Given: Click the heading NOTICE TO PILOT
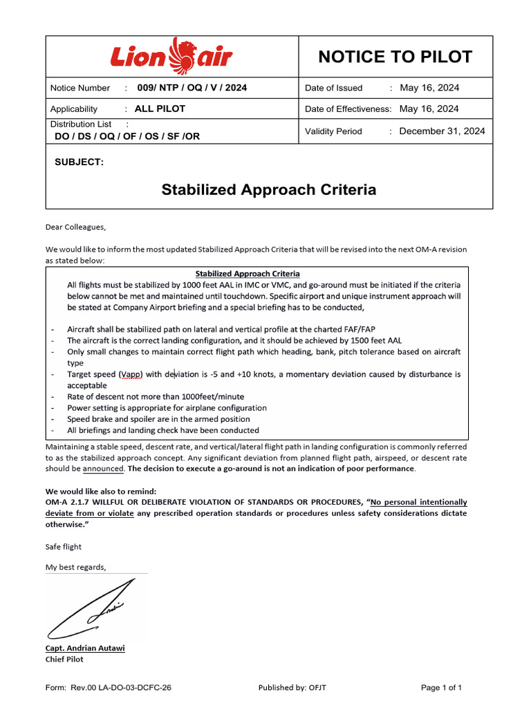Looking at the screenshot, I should tap(395, 57).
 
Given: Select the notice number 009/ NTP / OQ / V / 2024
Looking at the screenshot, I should tap(192, 88).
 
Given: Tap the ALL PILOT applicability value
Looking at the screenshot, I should tap(160, 109).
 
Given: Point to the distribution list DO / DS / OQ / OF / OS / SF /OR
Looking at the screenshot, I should tap(127, 136).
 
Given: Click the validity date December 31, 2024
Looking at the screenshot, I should tap(442, 131).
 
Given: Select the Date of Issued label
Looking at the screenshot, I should tap(333, 88).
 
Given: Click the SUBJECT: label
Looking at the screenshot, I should tap(79, 162).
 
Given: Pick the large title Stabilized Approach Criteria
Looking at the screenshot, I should tap(268, 190).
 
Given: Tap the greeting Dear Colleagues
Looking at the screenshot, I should tap(76, 226).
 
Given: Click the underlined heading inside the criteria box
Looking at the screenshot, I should tap(247, 274).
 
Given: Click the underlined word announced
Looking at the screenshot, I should tap(103, 468).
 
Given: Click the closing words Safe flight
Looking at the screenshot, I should tap(64, 546).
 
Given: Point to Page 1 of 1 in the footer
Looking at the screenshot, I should tap(441, 687).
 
